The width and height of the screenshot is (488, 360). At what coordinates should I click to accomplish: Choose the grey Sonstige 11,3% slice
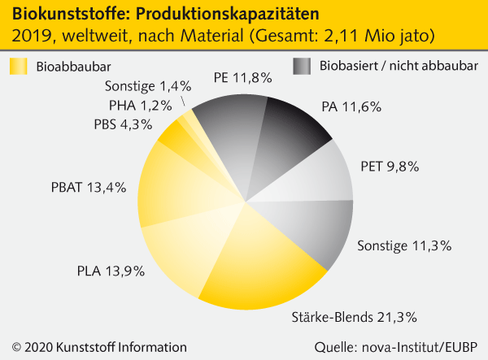(x=313, y=228)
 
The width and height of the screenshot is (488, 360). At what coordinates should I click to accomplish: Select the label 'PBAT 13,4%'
(x=83, y=188)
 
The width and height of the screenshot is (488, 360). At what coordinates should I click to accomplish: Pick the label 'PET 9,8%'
(x=390, y=167)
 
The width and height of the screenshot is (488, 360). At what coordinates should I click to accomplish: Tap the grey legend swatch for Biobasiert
(x=302, y=66)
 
